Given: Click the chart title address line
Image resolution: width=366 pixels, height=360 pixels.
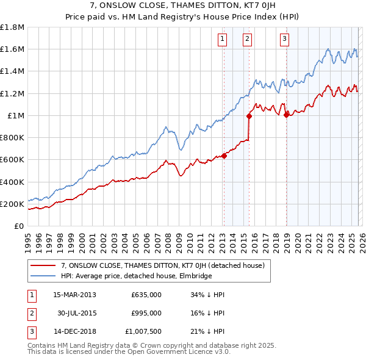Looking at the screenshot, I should click(x=183, y=7).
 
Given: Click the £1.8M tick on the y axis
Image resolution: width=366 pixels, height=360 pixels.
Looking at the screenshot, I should click(x=12, y=27).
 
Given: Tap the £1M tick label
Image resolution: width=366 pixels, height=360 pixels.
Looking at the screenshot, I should click(x=16, y=116).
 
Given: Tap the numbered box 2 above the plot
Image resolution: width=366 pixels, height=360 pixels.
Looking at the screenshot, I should click(x=247, y=40).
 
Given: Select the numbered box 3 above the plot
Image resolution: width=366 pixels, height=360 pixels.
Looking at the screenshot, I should click(x=284, y=40).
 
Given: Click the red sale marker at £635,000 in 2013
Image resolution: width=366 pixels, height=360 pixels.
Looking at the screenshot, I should click(x=224, y=156).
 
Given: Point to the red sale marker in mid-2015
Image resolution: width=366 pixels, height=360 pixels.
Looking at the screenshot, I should click(x=249, y=116).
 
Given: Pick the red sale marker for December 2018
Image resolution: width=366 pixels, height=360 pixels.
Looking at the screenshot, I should click(x=285, y=114).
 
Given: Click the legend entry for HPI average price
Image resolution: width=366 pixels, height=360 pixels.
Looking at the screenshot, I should click(x=136, y=276).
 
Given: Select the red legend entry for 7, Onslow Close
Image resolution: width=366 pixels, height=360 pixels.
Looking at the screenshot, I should click(x=162, y=265).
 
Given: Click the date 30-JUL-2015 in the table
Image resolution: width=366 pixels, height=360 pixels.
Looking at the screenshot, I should click(x=74, y=313).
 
